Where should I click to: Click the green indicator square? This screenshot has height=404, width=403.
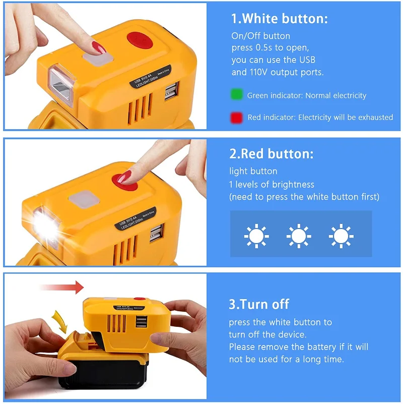236,94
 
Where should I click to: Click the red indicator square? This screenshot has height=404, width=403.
236,118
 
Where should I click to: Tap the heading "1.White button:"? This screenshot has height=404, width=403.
280,19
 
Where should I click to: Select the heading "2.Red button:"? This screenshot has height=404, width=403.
271,153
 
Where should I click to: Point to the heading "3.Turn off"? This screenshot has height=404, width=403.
259,304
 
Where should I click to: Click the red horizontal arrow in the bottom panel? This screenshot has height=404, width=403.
62,287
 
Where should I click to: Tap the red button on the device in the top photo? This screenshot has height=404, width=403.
140,40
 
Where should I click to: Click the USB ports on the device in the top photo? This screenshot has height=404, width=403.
171,91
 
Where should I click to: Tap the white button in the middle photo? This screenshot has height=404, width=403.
84,199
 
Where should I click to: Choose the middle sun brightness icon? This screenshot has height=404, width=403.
299,236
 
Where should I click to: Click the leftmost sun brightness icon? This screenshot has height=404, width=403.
256,236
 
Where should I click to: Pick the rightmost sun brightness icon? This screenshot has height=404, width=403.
341,236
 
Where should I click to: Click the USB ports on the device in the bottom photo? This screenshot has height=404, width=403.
141,322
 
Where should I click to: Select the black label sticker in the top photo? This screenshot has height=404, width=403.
150,77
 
